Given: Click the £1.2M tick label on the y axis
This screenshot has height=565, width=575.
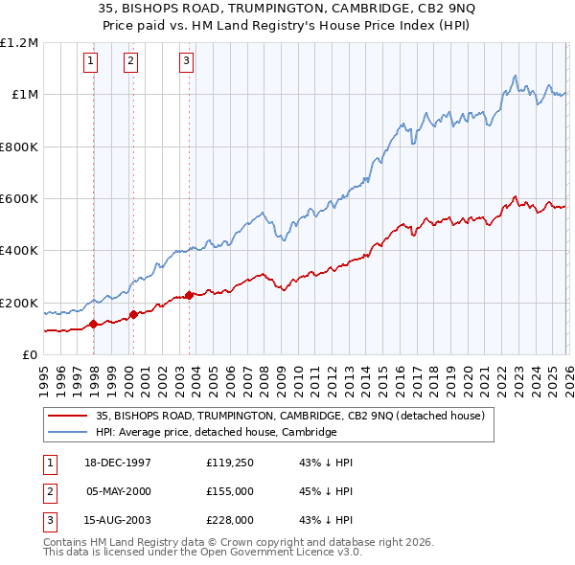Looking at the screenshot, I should [x=19, y=42].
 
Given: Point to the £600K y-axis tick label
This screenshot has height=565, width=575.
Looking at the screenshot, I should [x=19, y=199].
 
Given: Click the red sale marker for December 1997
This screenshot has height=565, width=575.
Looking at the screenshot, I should [x=94, y=324].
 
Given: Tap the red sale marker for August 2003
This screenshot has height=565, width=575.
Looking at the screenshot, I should [x=189, y=295].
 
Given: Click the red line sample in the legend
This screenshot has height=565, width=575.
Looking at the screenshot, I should [x=68, y=416].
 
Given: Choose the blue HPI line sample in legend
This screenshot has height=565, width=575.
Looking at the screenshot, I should [x=68, y=432].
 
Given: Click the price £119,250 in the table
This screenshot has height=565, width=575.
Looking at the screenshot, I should [x=229, y=462].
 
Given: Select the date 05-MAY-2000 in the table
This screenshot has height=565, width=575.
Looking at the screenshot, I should [x=119, y=491].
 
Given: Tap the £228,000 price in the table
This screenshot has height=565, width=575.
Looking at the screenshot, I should [x=229, y=520].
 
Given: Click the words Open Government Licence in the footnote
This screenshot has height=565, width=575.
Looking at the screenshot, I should [x=274, y=553].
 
